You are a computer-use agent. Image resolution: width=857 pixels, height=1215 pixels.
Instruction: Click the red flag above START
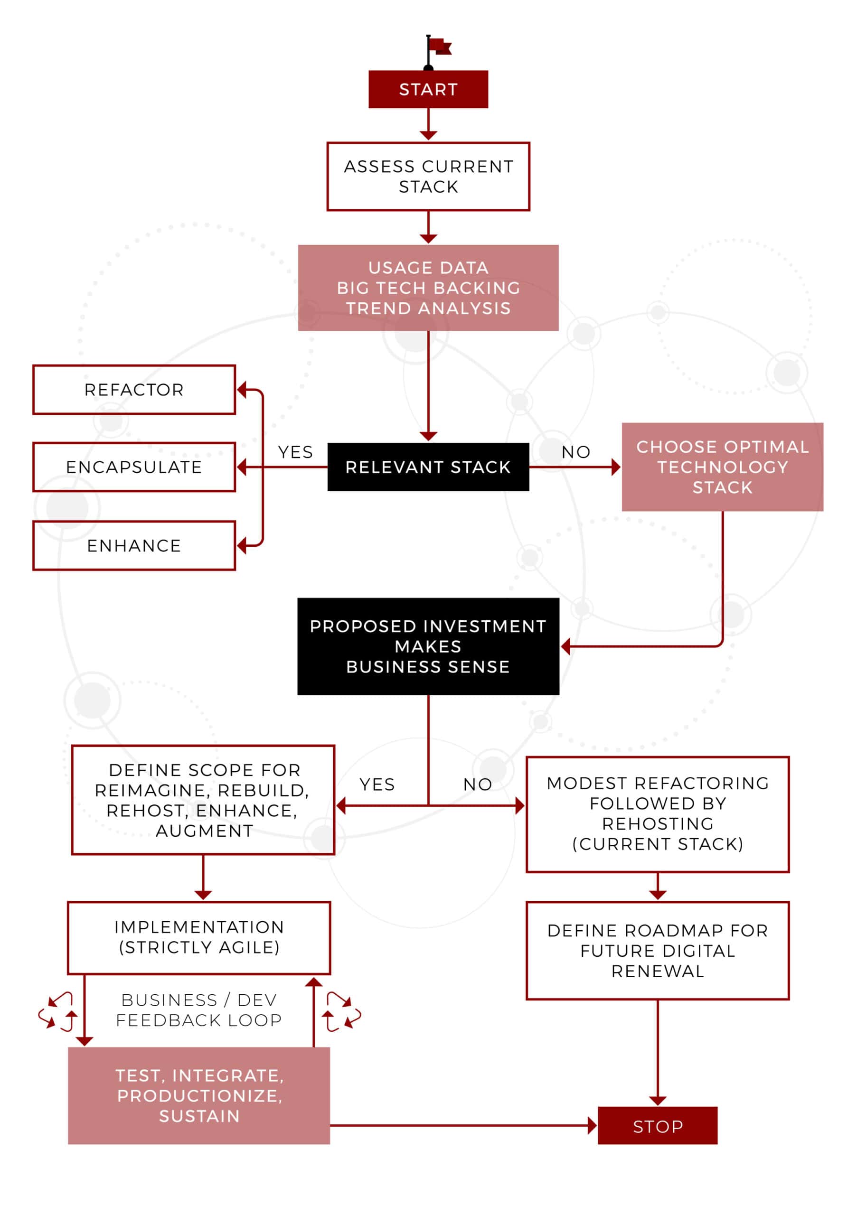coord(439,47)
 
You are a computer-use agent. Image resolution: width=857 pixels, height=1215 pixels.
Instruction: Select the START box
coord(428,89)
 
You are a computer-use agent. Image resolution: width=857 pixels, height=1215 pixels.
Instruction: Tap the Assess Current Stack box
coord(428,176)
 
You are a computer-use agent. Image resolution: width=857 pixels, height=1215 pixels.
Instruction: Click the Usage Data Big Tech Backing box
coord(428,288)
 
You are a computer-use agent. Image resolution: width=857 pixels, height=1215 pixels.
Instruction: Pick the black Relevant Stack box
coord(428,467)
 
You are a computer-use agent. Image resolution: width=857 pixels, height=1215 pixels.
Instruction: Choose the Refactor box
coord(134,390)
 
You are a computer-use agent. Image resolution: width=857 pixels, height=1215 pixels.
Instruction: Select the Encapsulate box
coord(134,467)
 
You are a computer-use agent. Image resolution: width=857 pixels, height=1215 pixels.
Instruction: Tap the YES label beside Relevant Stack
coord(295,452)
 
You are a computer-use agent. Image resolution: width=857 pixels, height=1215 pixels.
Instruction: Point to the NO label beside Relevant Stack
coord(576,452)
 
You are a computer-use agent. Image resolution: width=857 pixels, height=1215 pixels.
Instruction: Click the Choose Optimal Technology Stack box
coord(723,467)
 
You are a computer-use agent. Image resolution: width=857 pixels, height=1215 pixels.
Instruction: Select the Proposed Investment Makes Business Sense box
coord(428,646)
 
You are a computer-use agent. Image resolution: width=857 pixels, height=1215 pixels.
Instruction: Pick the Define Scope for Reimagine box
coord(203,800)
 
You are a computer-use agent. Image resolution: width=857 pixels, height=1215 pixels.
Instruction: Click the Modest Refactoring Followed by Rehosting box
coord(658,814)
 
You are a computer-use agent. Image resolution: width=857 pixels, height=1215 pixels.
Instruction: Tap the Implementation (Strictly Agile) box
coord(199,937)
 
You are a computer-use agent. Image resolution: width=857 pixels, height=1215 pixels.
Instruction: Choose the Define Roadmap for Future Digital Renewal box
coord(658,951)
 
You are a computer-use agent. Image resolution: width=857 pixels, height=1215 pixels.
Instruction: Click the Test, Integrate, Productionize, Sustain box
coord(199,1095)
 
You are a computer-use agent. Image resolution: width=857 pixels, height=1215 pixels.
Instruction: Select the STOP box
coord(658,1126)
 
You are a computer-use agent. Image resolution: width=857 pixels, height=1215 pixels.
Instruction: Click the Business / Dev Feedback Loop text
coord(199,1009)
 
